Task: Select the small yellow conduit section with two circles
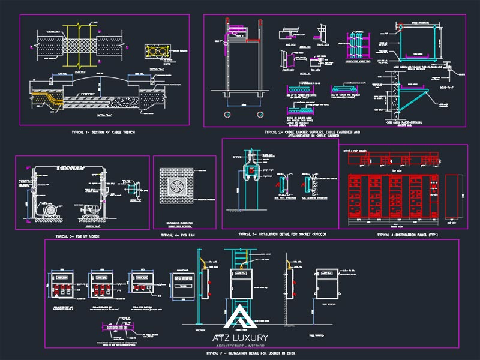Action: pos(158,52)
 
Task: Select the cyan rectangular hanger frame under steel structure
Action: pos(415,47)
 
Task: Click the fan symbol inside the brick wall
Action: pos(184,186)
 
